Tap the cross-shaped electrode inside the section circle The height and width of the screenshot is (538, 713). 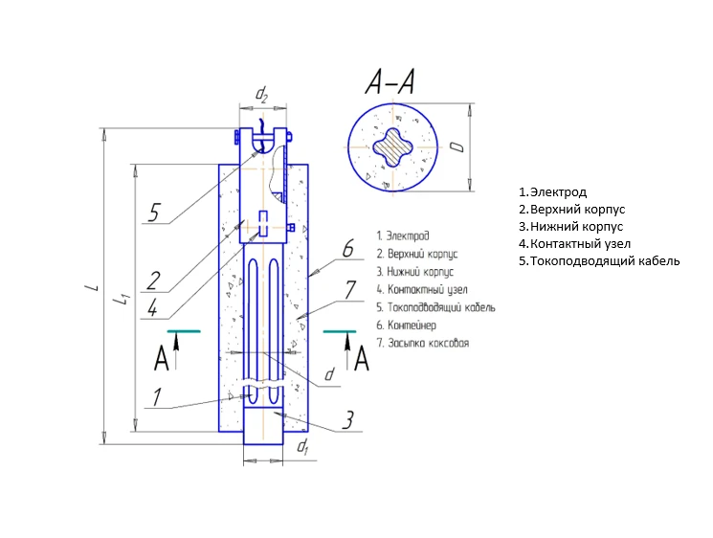388,149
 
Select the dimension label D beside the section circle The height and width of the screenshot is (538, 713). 457,146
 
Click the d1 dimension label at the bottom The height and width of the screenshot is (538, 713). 301,447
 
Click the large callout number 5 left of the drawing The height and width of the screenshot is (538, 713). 154,212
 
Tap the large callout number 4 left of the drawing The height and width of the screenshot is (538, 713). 153,308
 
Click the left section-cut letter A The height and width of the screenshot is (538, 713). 161,359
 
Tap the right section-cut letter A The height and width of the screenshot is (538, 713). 362,359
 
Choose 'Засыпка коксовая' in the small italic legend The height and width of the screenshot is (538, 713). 428,342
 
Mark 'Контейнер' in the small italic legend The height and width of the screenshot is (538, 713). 412,325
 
